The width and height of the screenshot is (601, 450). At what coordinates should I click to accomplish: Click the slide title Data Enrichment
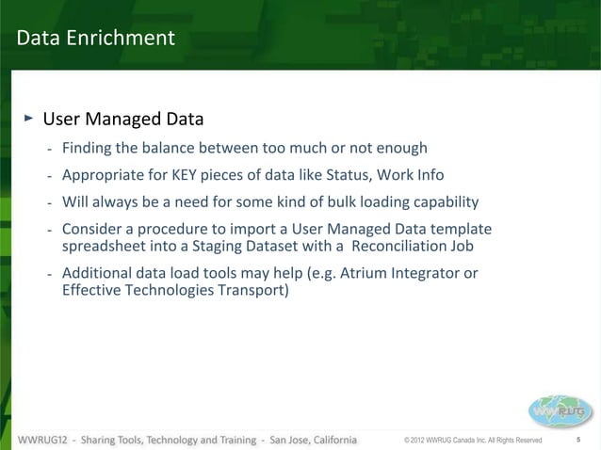(95, 38)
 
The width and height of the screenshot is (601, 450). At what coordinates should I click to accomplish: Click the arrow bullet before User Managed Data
(29, 119)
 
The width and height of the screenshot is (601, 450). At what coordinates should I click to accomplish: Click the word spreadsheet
(103, 247)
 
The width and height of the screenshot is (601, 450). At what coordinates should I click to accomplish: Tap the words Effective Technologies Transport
(175, 291)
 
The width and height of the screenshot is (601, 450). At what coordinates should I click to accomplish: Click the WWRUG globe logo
(560, 410)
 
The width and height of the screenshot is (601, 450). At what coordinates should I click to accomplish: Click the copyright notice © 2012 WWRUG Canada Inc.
(472, 441)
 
